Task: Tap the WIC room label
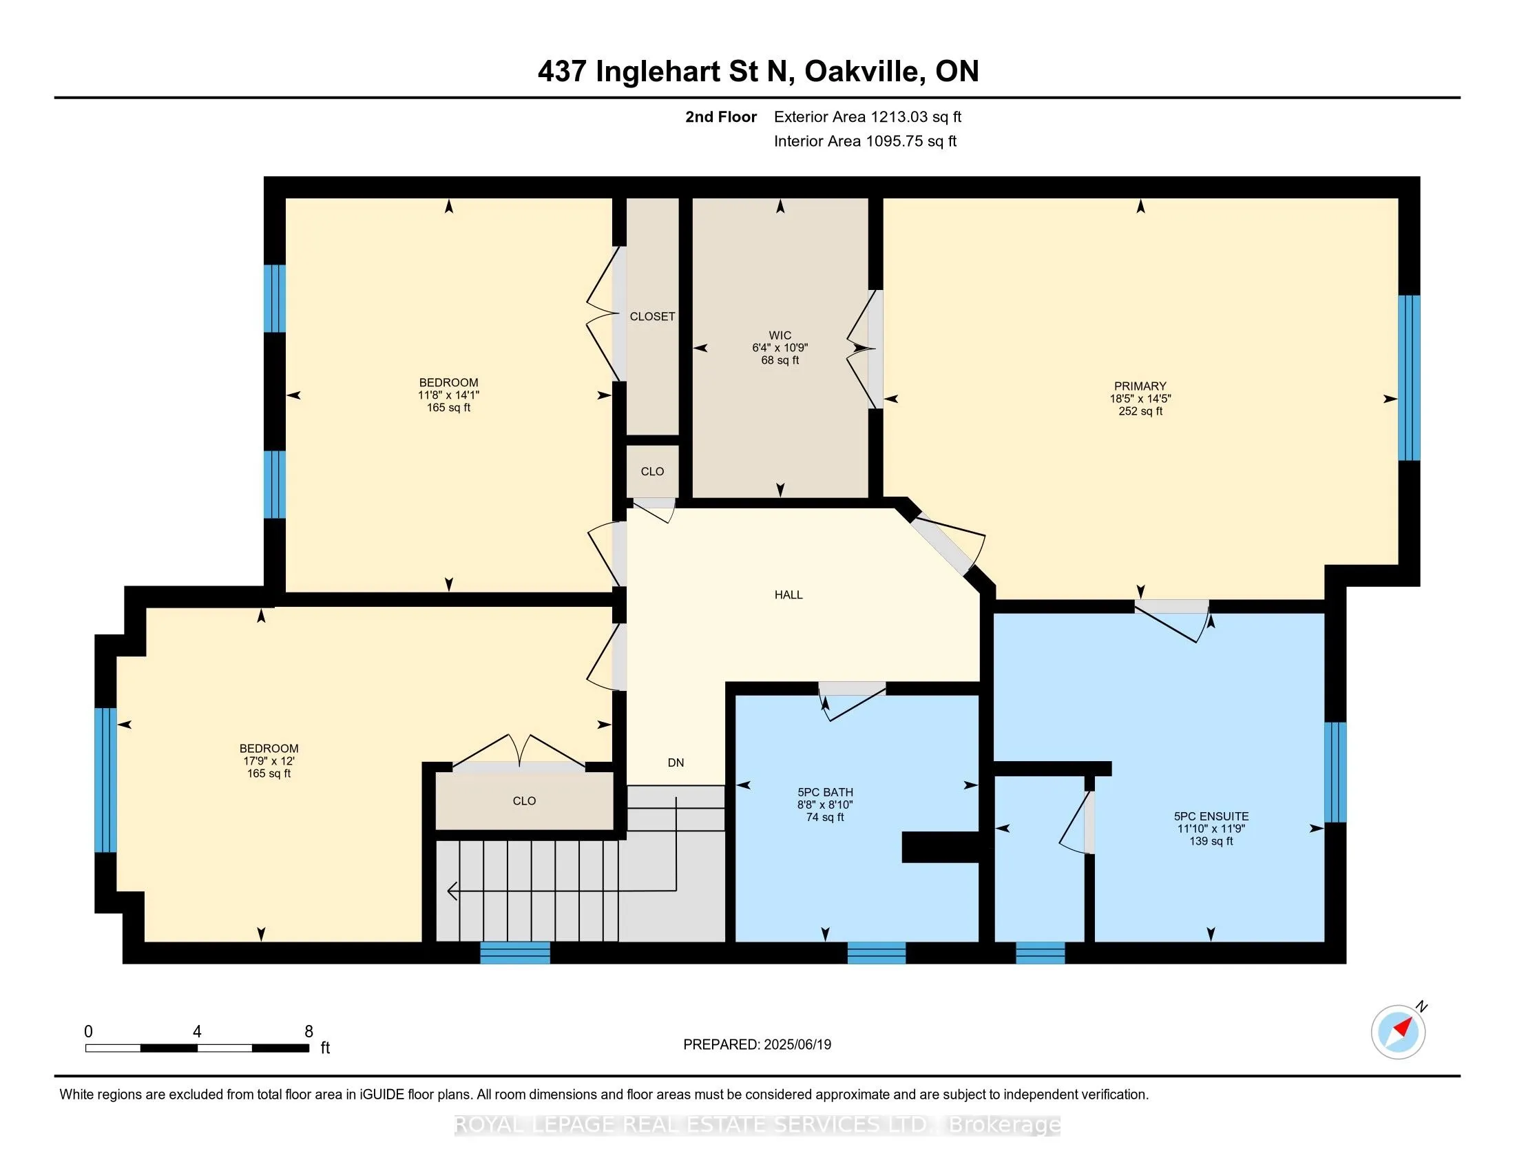point(780,335)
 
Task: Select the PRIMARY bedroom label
point(1140,386)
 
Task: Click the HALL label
point(788,594)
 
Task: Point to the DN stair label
point(676,763)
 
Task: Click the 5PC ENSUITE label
point(1211,816)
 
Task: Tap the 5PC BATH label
point(825,792)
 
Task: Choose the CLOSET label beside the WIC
point(652,316)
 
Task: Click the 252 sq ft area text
point(1140,411)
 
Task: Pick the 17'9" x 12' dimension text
point(269,761)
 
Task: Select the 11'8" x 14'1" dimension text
point(448,395)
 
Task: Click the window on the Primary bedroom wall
point(1409,378)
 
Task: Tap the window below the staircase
point(515,953)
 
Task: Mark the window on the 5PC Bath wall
point(877,953)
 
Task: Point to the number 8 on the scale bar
point(309,1032)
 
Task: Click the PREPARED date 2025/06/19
point(797,1044)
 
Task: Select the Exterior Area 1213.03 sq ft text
point(868,116)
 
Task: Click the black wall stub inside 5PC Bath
point(940,847)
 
